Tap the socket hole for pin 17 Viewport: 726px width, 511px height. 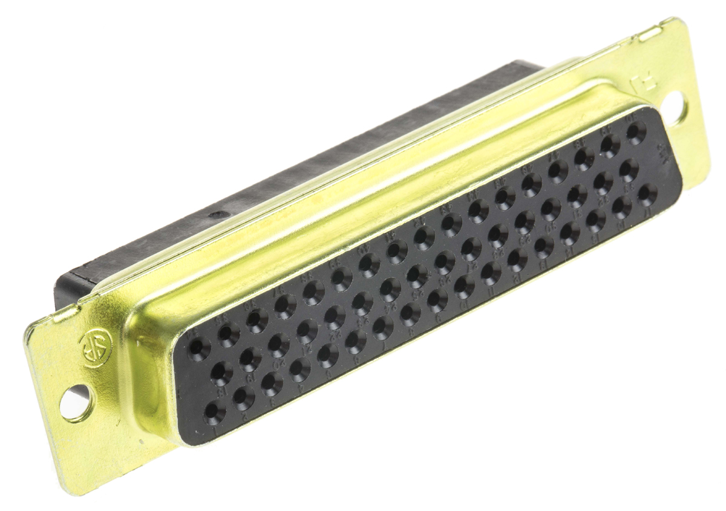click(x=647, y=194)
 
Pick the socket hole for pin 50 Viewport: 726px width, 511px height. click(x=635, y=132)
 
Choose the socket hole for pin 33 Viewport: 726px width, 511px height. click(x=629, y=170)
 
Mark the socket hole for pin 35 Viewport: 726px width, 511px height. click(x=228, y=333)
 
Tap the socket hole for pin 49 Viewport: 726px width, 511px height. click(x=610, y=146)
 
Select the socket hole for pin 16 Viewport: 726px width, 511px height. click(x=621, y=207)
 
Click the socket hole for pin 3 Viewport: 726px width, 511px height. click(x=271, y=383)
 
